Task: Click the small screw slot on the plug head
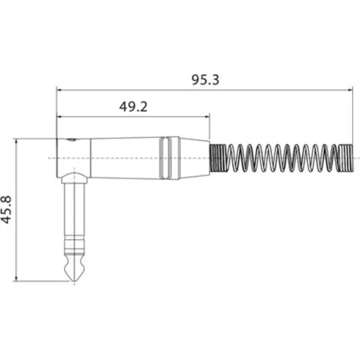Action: pos(74,142)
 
